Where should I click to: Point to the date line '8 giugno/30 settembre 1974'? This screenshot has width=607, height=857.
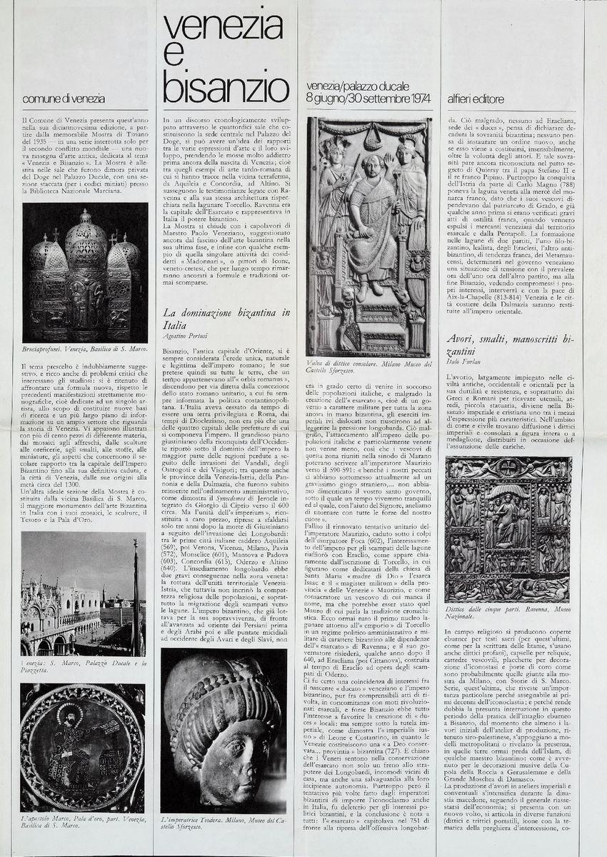click(368, 98)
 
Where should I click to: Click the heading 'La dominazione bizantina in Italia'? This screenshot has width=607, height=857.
click(226, 319)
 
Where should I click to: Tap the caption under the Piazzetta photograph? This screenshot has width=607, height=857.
click(83, 667)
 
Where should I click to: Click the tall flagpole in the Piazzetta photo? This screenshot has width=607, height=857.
click(135, 593)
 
